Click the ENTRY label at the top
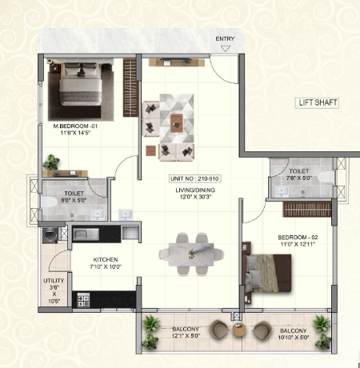click(x=225, y=39)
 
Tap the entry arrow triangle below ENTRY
click(x=226, y=49)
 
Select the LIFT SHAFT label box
click(x=317, y=102)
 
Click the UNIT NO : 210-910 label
click(x=194, y=178)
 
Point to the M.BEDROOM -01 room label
click(x=75, y=126)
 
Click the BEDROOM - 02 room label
click(x=298, y=238)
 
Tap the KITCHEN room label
click(x=106, y=259)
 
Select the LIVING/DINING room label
click(x=195, y=190)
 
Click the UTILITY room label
click(x=54, y=281)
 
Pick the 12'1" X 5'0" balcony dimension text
click(x=186, y=336)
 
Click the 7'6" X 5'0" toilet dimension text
click(x=299, y=178)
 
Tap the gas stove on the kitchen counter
click(x=83, y=300)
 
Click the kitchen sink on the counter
click(x=86, y=235)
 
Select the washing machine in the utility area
click(x=50, y=235)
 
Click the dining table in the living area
click(x=191, y=254)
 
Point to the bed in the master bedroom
click(x=81, y=84)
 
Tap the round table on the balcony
click(x=239, y=330)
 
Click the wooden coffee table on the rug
click(x=177, y=123)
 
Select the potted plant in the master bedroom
click(x=51, y=162)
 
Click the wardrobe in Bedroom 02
click(x=307, y=210)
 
